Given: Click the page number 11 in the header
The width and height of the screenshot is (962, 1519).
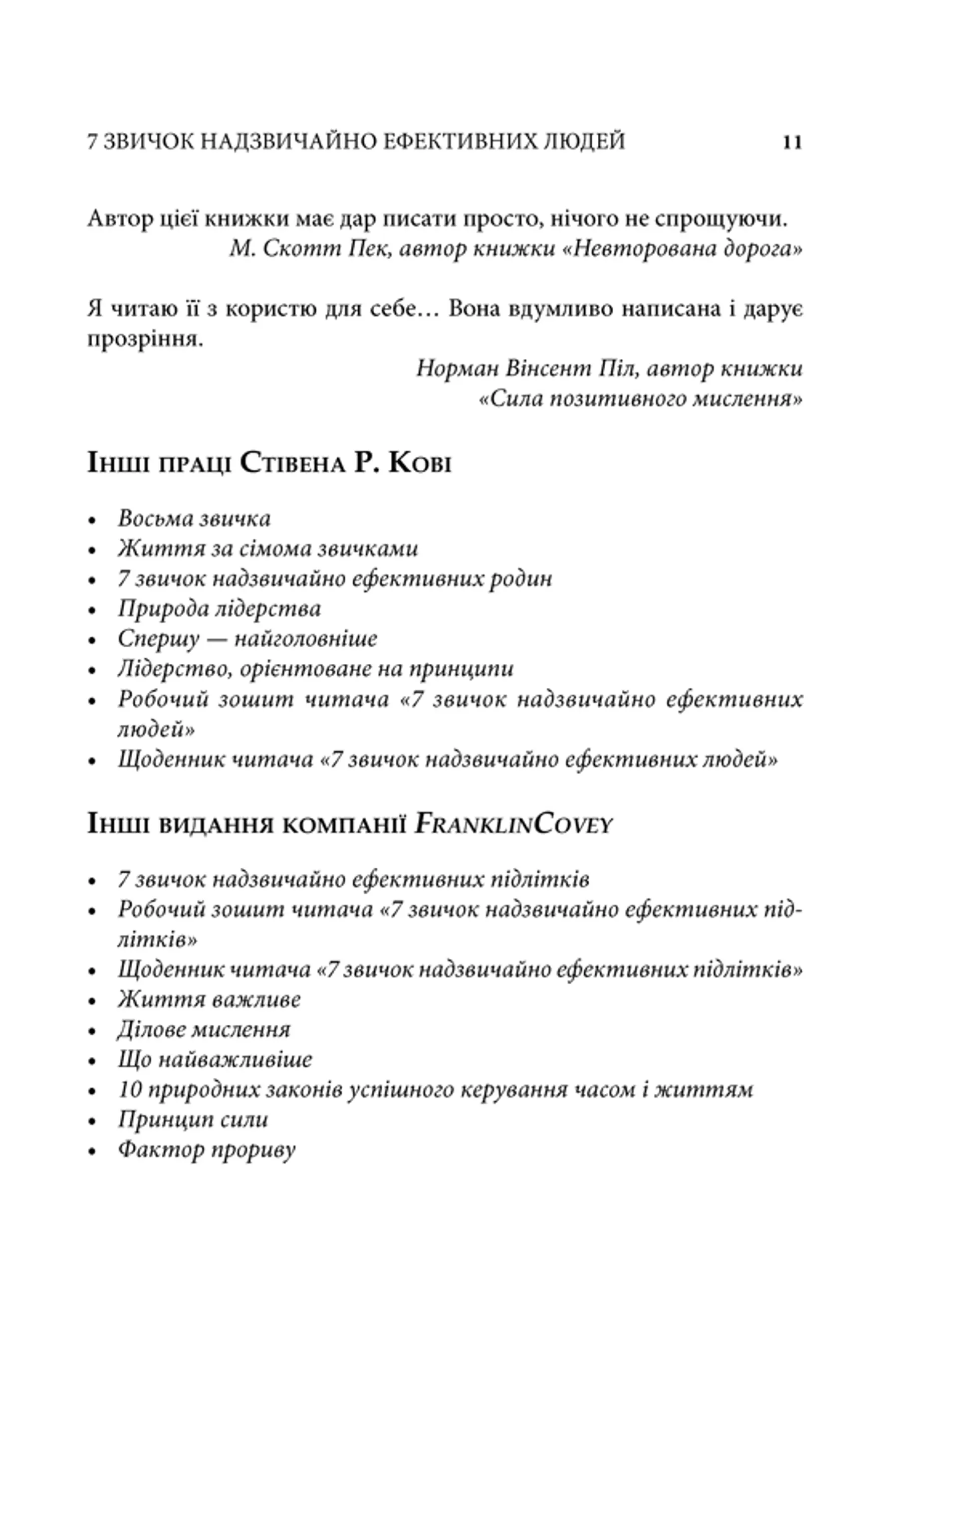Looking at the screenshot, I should (x=792, y=142).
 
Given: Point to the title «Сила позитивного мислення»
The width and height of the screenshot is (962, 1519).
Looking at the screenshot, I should (x=640, y=398).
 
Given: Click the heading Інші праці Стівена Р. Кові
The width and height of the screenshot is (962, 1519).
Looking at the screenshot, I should (x=269, y=464).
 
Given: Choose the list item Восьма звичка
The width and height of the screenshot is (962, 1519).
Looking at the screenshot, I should (x=194, y=518).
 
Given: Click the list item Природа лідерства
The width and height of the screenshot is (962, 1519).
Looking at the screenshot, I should (x=219, y=609).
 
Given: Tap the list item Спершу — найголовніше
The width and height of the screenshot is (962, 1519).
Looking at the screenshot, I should (x=248, y=638).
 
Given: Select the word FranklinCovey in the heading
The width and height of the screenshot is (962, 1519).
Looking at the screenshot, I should (x=513, y=825).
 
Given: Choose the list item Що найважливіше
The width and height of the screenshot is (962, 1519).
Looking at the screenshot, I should (x=215, y=1059).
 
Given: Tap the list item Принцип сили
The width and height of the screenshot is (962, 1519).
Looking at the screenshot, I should (x=193, y=1119).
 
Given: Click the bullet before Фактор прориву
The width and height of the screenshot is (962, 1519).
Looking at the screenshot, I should (x=93, y=1151).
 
